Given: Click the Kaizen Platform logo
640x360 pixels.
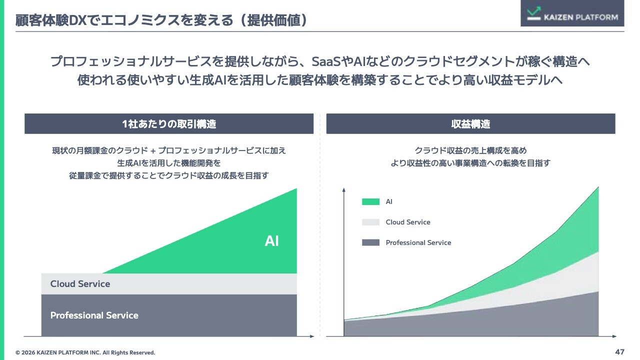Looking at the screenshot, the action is [572, 13].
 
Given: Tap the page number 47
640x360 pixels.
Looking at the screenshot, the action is [619, 351].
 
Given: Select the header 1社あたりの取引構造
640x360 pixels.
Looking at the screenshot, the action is [169, 124].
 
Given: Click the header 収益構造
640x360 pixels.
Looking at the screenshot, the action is [470, 124].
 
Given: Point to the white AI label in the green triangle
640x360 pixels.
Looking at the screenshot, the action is [271, 241].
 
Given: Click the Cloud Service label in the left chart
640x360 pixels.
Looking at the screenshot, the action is [80, 283].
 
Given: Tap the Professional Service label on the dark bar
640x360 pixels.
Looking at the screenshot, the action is [94, 315].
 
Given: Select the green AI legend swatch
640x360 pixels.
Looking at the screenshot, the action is [370, 201].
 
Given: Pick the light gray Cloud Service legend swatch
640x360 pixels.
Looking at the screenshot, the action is [370, 222].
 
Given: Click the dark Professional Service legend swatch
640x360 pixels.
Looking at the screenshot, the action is [370, 242].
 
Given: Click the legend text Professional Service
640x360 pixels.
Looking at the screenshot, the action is [418, 242].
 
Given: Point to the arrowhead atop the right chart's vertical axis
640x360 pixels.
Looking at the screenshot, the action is [343, 189].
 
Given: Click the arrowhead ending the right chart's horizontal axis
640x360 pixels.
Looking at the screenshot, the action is [614, 336].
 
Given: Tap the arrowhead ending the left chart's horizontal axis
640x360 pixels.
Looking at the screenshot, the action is [312, 336].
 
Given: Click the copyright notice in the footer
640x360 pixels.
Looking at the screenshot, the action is [85, 352].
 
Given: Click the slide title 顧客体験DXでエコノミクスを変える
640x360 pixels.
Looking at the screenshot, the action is [124, 20].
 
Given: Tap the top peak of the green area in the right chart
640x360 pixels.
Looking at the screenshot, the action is [598, 187].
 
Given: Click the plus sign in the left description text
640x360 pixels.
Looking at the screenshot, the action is [153, 150].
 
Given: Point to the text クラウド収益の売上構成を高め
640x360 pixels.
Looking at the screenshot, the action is [470, 150].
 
